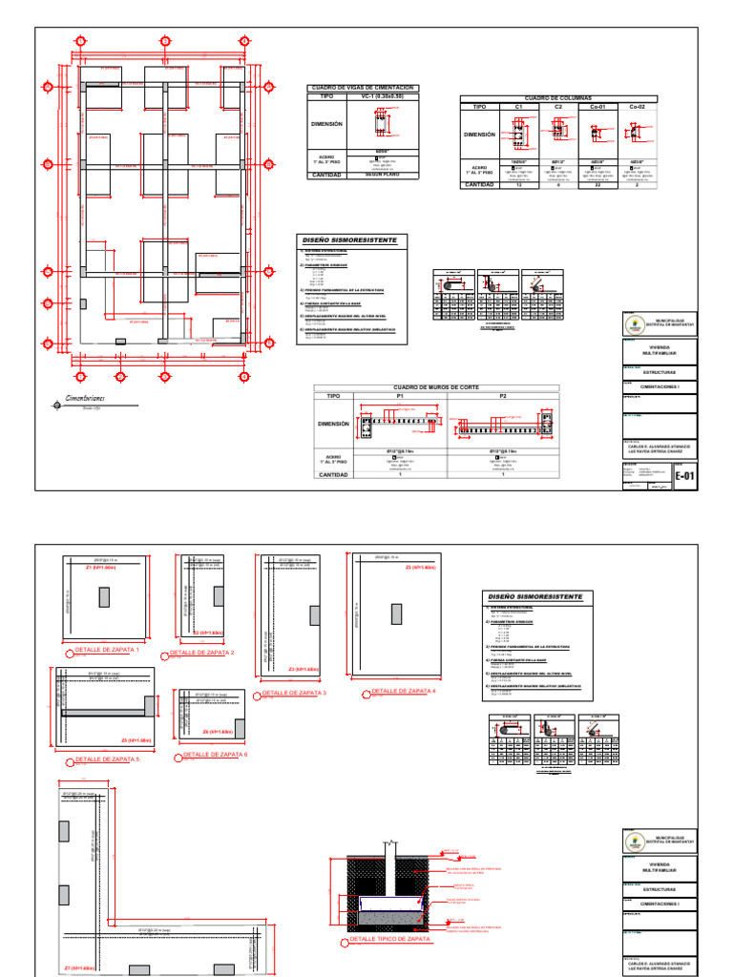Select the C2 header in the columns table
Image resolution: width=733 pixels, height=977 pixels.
pyautogui.click(x=557, y=108)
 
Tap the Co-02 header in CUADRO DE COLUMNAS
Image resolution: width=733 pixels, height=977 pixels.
pyautogui.click(x=637, y=108)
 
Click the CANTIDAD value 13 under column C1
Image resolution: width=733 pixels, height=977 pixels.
pyautogui.click(x=518, y=185)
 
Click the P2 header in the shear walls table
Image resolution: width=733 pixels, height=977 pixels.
pyautogui.click(x=502, y=395)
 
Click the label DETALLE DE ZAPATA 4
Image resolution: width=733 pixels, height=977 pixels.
pyautogui.click(x=404, y=691)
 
